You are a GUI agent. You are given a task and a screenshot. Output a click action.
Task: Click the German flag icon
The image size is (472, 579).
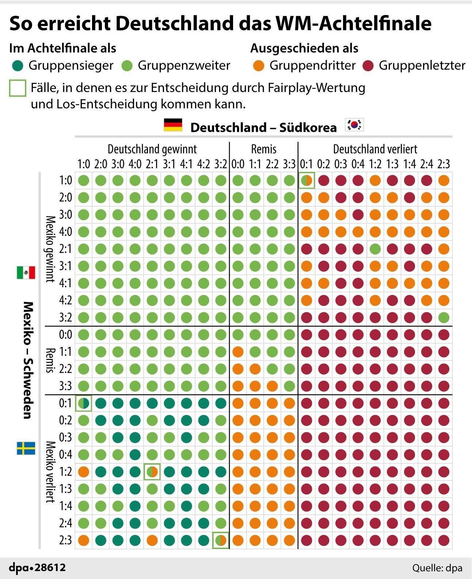(173, 125)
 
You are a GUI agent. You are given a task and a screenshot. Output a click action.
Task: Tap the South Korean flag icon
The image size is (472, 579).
(354, 125)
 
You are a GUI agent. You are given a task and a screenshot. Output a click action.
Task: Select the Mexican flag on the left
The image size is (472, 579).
(26, 272)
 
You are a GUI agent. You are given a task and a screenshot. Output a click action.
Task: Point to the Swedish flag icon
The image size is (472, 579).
(26, 448)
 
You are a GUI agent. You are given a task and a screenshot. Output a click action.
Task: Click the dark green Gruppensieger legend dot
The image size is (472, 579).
(18, 66)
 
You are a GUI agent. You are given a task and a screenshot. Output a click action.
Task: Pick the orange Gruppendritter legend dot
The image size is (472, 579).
(258, 66)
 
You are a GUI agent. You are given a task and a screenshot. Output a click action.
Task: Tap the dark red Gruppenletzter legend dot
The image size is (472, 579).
(368, 66)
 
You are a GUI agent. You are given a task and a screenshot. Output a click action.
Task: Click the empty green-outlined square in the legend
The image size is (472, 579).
(18, 88)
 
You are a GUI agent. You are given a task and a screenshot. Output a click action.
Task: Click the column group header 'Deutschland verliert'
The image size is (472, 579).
(375, 149)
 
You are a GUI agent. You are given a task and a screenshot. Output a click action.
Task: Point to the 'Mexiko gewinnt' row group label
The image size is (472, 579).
(50, 249)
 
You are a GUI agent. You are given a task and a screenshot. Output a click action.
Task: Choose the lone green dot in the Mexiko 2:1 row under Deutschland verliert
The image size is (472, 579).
(375, 249)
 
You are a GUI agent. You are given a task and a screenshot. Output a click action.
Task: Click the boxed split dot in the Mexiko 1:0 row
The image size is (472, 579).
(307, 180)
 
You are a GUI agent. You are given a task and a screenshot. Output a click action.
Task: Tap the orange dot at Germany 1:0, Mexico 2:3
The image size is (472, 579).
(84, 540)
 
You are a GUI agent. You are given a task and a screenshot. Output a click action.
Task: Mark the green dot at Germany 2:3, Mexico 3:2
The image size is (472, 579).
(444, 317)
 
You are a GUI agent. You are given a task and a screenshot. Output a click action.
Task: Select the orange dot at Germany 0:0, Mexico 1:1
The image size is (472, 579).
(238, 352)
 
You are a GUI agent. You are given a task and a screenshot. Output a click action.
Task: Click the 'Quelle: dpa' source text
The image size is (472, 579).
(437, 568)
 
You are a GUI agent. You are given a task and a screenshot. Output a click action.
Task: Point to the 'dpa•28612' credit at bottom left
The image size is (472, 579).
(37, 568)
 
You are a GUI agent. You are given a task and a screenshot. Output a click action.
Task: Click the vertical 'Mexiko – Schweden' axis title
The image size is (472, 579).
(28, 360)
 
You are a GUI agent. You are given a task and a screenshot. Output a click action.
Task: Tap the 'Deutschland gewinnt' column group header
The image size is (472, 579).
(152, 149)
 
